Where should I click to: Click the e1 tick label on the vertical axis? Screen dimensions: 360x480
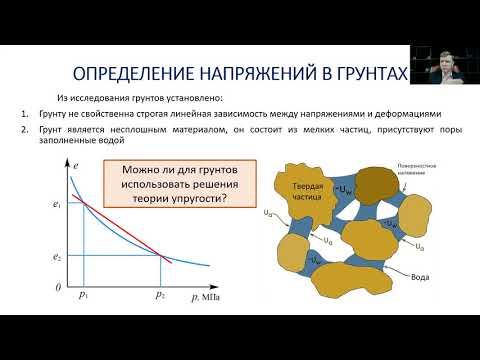[x=58, y=205]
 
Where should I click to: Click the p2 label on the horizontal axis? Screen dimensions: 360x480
[x=161, y=296]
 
